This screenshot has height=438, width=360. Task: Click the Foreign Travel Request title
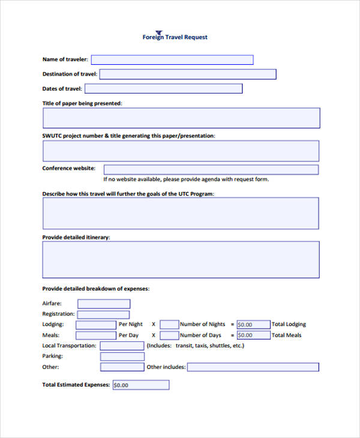click(175, 37)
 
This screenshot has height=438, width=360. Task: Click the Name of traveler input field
click(172, 59)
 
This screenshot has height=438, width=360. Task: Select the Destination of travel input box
click(187, 74)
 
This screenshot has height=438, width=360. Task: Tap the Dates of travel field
click(163, 89)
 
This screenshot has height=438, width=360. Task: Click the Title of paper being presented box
click(181, 118)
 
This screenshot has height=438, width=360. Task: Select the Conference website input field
click(211, 170)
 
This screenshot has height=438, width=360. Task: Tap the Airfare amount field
click(103, 304)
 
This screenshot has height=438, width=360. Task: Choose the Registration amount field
click(103, 314)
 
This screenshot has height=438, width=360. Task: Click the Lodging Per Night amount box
click(96, 325)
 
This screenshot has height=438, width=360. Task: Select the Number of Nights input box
click(169, 325)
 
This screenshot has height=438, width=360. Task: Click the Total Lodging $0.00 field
click(253, 325)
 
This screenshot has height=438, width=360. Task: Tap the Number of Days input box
click(169, 335)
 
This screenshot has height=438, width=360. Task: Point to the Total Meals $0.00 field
click(253, 335)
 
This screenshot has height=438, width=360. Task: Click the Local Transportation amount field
click(122, 346)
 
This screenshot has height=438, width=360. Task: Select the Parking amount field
click(122, 356)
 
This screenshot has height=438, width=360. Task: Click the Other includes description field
click(253, 367)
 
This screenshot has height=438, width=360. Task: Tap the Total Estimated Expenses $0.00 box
click(140, 385)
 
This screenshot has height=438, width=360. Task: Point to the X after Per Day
click(153, 335)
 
